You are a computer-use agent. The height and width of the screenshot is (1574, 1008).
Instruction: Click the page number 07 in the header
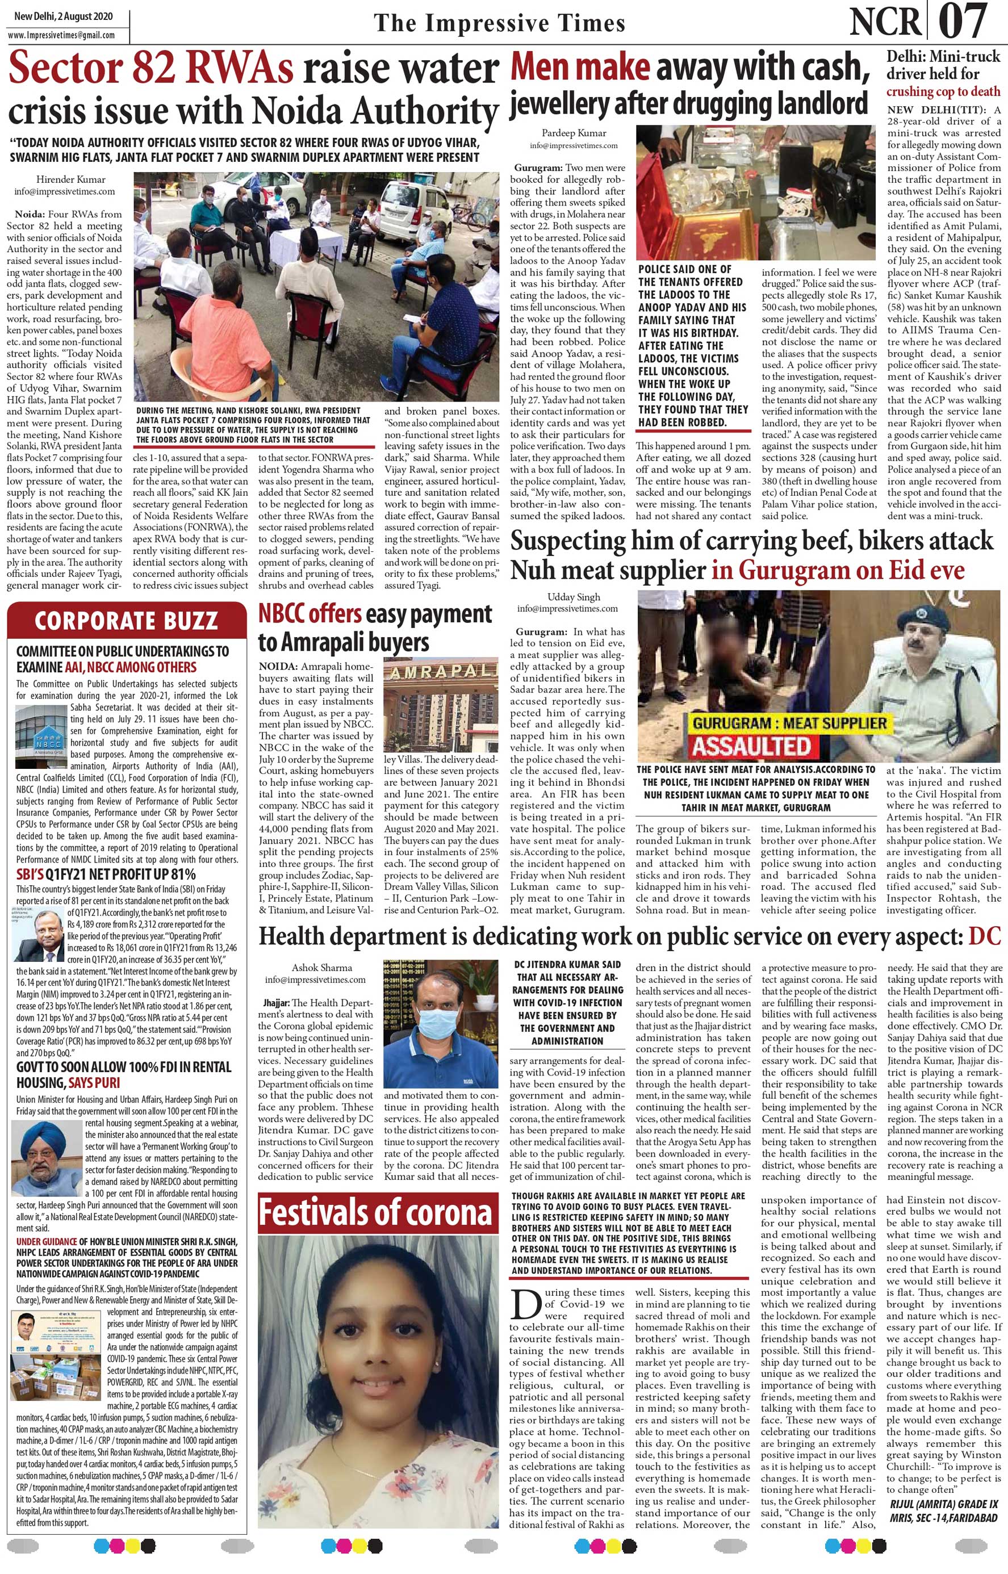[x=964, y=22]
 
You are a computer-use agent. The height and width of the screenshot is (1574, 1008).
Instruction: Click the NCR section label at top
[x=885, y=22]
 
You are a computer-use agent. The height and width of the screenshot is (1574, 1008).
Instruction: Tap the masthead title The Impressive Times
[x=499, y=23]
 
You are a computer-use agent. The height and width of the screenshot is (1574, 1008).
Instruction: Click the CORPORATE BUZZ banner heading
[x=126, y=621]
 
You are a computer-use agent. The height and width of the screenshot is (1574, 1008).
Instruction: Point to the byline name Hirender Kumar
[x=70, y=179]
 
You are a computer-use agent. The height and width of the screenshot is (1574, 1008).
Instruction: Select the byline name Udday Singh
[x=574, y=596]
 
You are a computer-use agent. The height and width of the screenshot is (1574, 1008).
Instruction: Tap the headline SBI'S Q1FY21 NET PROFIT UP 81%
[x=106, y=874]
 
